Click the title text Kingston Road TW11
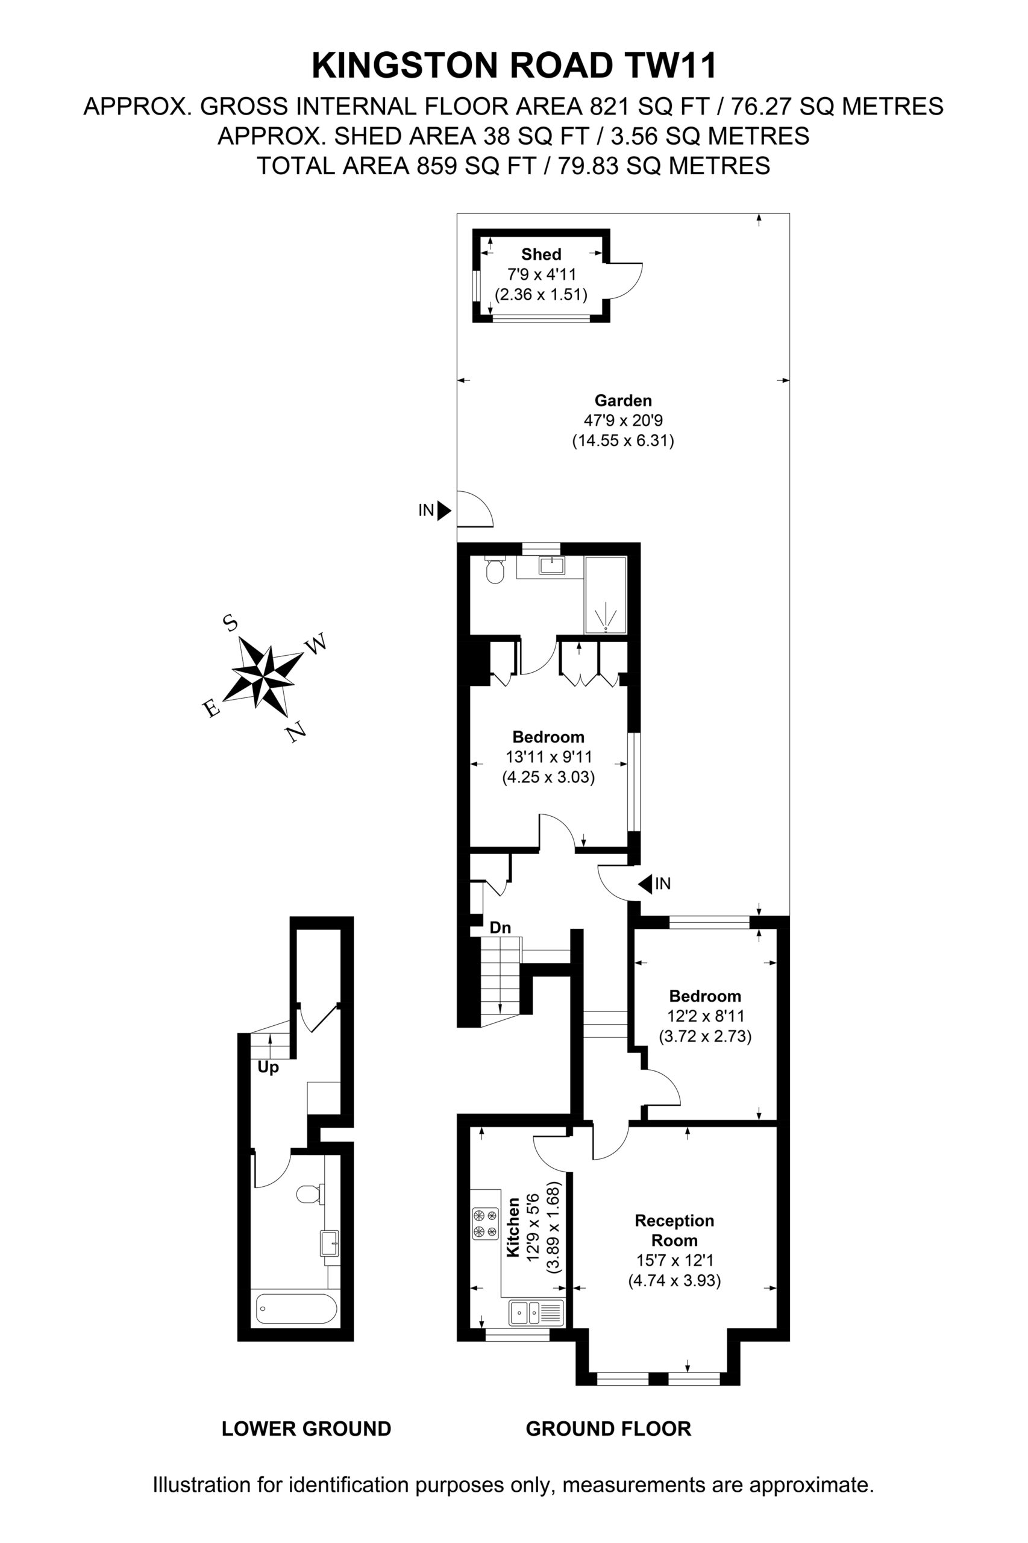[515, 66]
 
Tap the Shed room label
[541, 254]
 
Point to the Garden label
[623, 400]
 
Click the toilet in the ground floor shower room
[494, 571]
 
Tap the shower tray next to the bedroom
[606, 596]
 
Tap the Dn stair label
[500, 927]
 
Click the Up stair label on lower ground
[268, 1067]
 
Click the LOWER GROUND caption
[306, 1428]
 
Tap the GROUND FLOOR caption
[609, 1428]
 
